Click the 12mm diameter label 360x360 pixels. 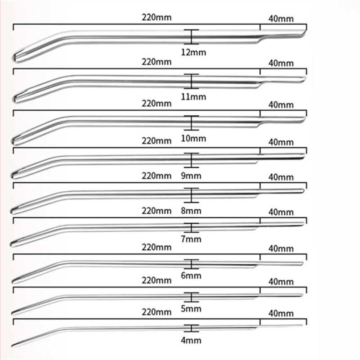[x=193, y=52]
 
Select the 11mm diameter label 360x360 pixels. [x=193, y=97]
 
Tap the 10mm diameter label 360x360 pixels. [x=193, y=139]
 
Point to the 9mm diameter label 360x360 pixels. [x=191, y=176]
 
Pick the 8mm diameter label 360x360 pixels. [x=191, y=211]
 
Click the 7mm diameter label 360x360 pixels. [x=191, y=239]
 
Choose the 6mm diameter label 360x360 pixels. [x=191, y=275]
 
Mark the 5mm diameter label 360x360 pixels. [x=191, y=309]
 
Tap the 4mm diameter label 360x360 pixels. [x=191, y=340]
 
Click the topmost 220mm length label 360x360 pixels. [x=157, y=18]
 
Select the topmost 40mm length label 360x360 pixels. [x=281, y=18]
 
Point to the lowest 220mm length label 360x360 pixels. [x=157, y=312]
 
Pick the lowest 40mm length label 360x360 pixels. [x=281, y=313]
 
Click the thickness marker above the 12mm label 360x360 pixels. [x=191, y=37]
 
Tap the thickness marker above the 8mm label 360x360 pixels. [x=191, y=195]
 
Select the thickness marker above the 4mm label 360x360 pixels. [x=191, y=328]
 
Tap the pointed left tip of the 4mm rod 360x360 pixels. [x=13, y=346]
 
